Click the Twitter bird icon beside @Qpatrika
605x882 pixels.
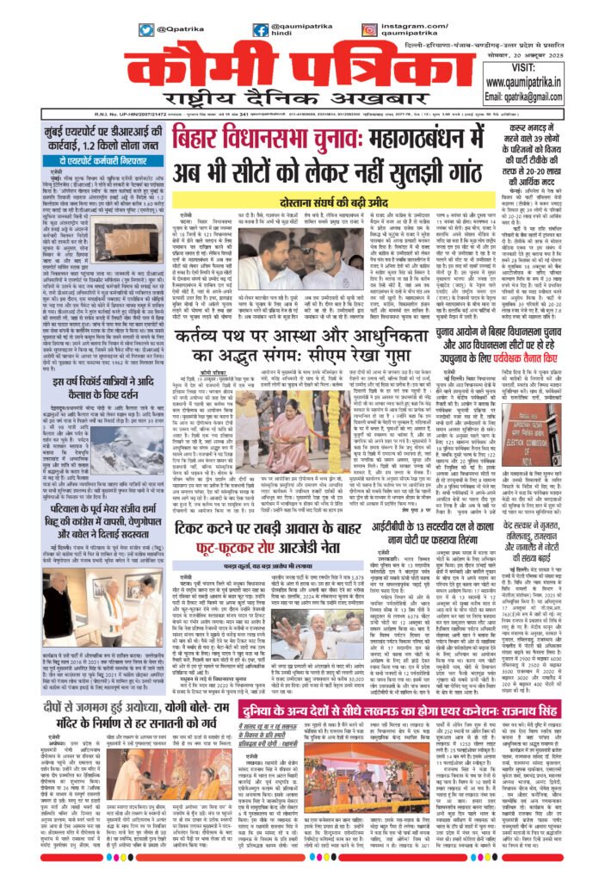[146, 29]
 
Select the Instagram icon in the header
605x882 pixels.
[369, 29]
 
